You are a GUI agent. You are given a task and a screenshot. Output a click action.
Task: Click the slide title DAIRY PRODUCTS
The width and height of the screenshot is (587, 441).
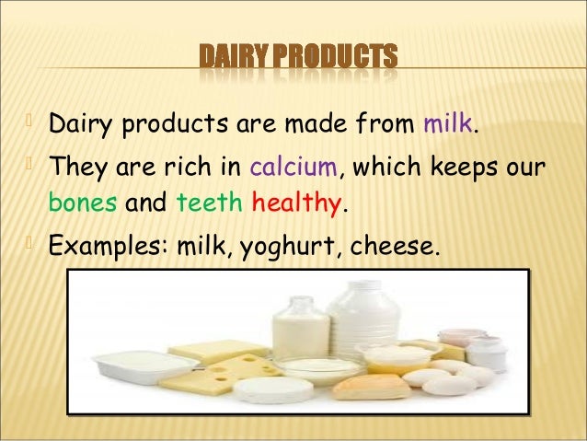(300, 56)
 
